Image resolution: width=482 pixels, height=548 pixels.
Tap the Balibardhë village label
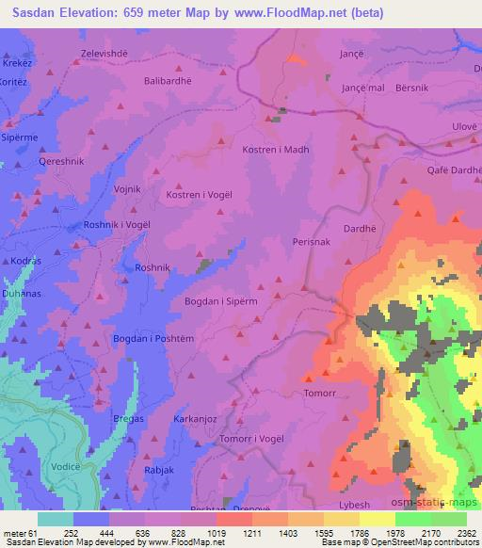(x=174, y=81)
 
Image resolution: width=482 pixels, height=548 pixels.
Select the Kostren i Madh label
(x=275, y=150)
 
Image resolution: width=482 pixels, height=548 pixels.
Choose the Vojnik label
(x=127, y=189)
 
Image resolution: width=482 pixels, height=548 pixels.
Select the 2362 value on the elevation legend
(x=467, y=533)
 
